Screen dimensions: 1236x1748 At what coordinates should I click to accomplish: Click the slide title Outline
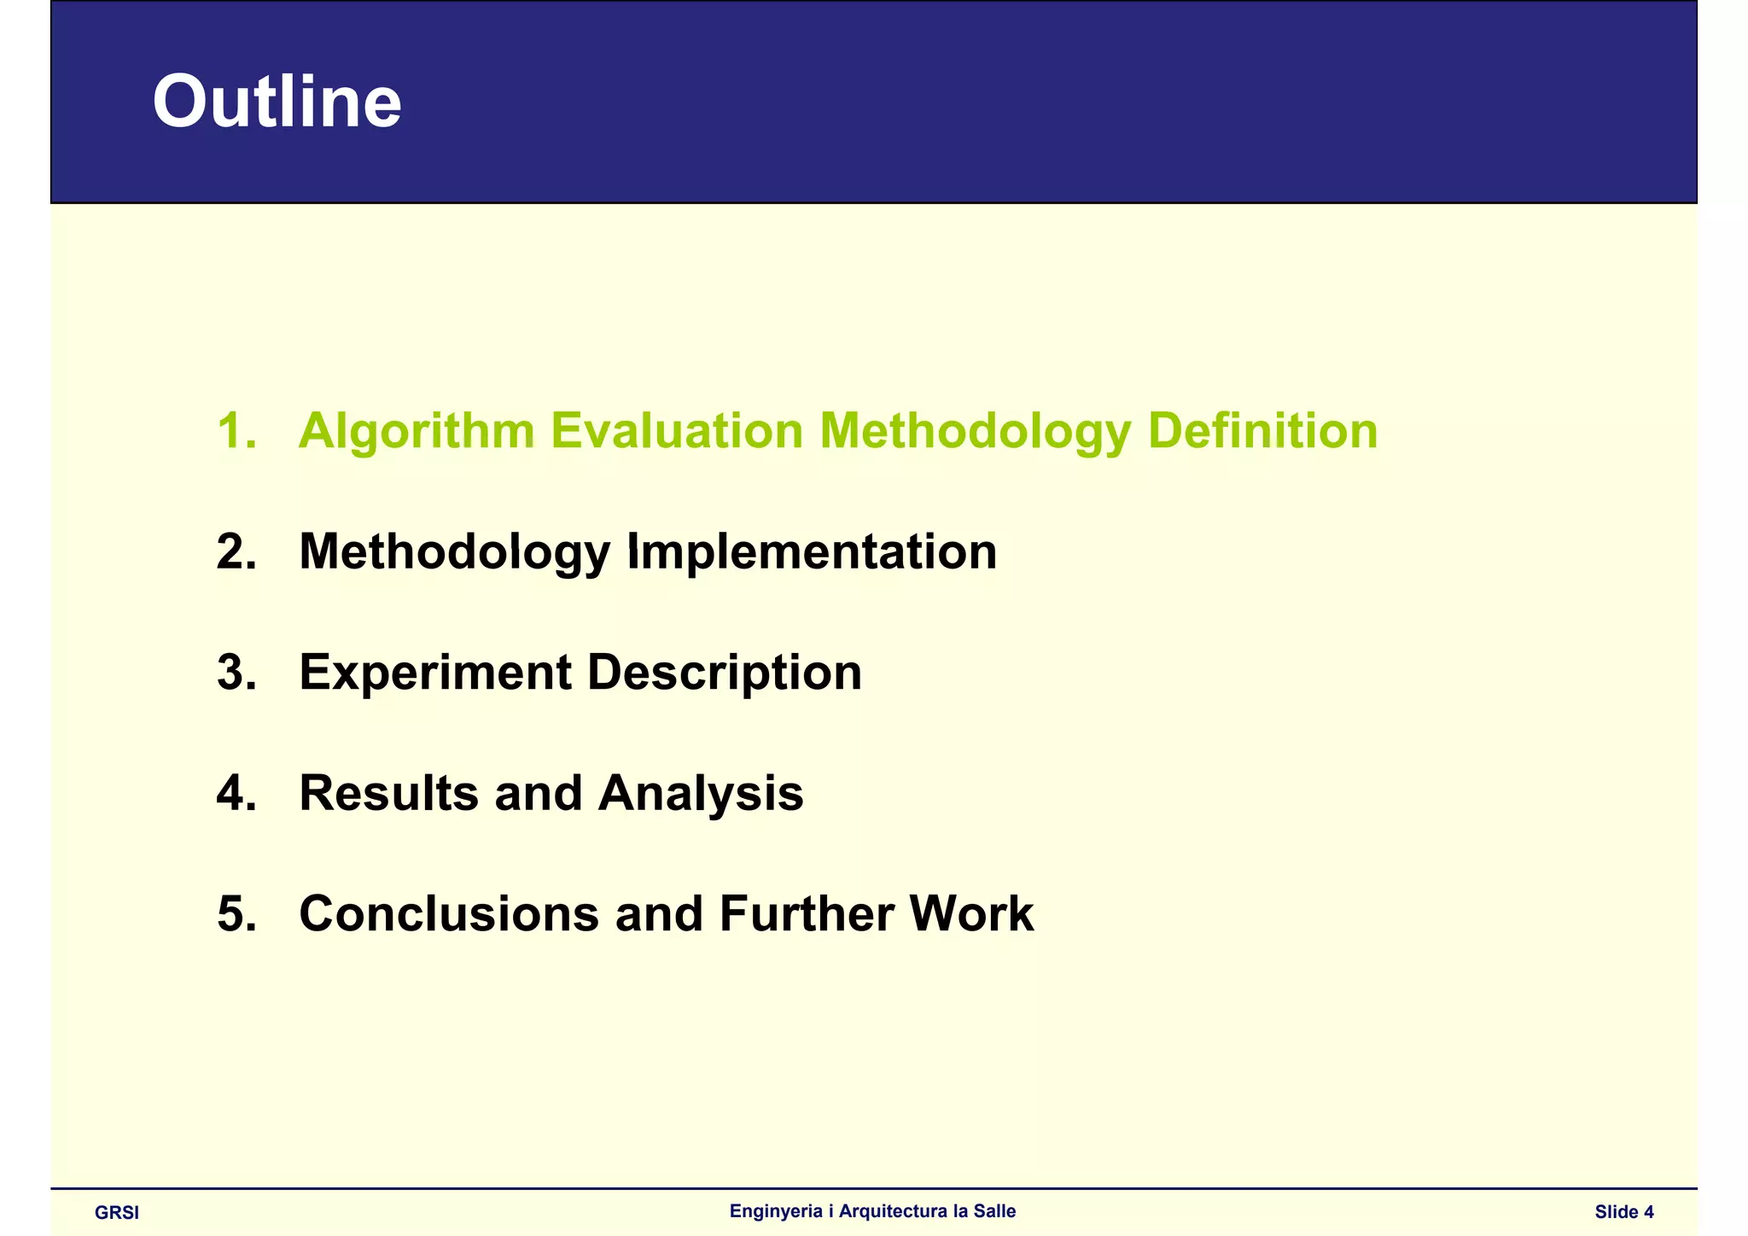[x=277, y=102]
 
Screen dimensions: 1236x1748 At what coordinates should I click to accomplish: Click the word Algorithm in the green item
[x=417, y=431]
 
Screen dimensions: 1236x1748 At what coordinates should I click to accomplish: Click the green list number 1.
[x=236, y=430]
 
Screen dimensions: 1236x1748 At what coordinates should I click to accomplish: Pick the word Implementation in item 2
[x=812, y=551]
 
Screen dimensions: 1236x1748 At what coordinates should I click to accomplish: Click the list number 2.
[x=236, y=551]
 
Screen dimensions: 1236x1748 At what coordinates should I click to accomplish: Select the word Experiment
[x=435, y=673]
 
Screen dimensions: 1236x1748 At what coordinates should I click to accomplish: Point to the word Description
[x=724, y=673]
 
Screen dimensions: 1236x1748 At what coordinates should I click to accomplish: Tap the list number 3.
[x=236, y=673]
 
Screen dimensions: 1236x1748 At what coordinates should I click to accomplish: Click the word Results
[x=388, y=793]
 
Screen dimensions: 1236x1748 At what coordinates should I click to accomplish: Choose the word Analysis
[x=700, y=793]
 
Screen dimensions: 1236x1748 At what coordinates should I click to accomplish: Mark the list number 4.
[x=236, y=793]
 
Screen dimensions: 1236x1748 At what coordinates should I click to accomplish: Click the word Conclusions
[x=449, y=914]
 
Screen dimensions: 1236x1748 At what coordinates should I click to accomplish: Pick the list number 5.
[x=236, y=914]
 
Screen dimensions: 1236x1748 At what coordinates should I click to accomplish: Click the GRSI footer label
[x=117, y=1213]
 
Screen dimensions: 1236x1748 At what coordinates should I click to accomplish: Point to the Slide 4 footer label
[x=1623, y=1212]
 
